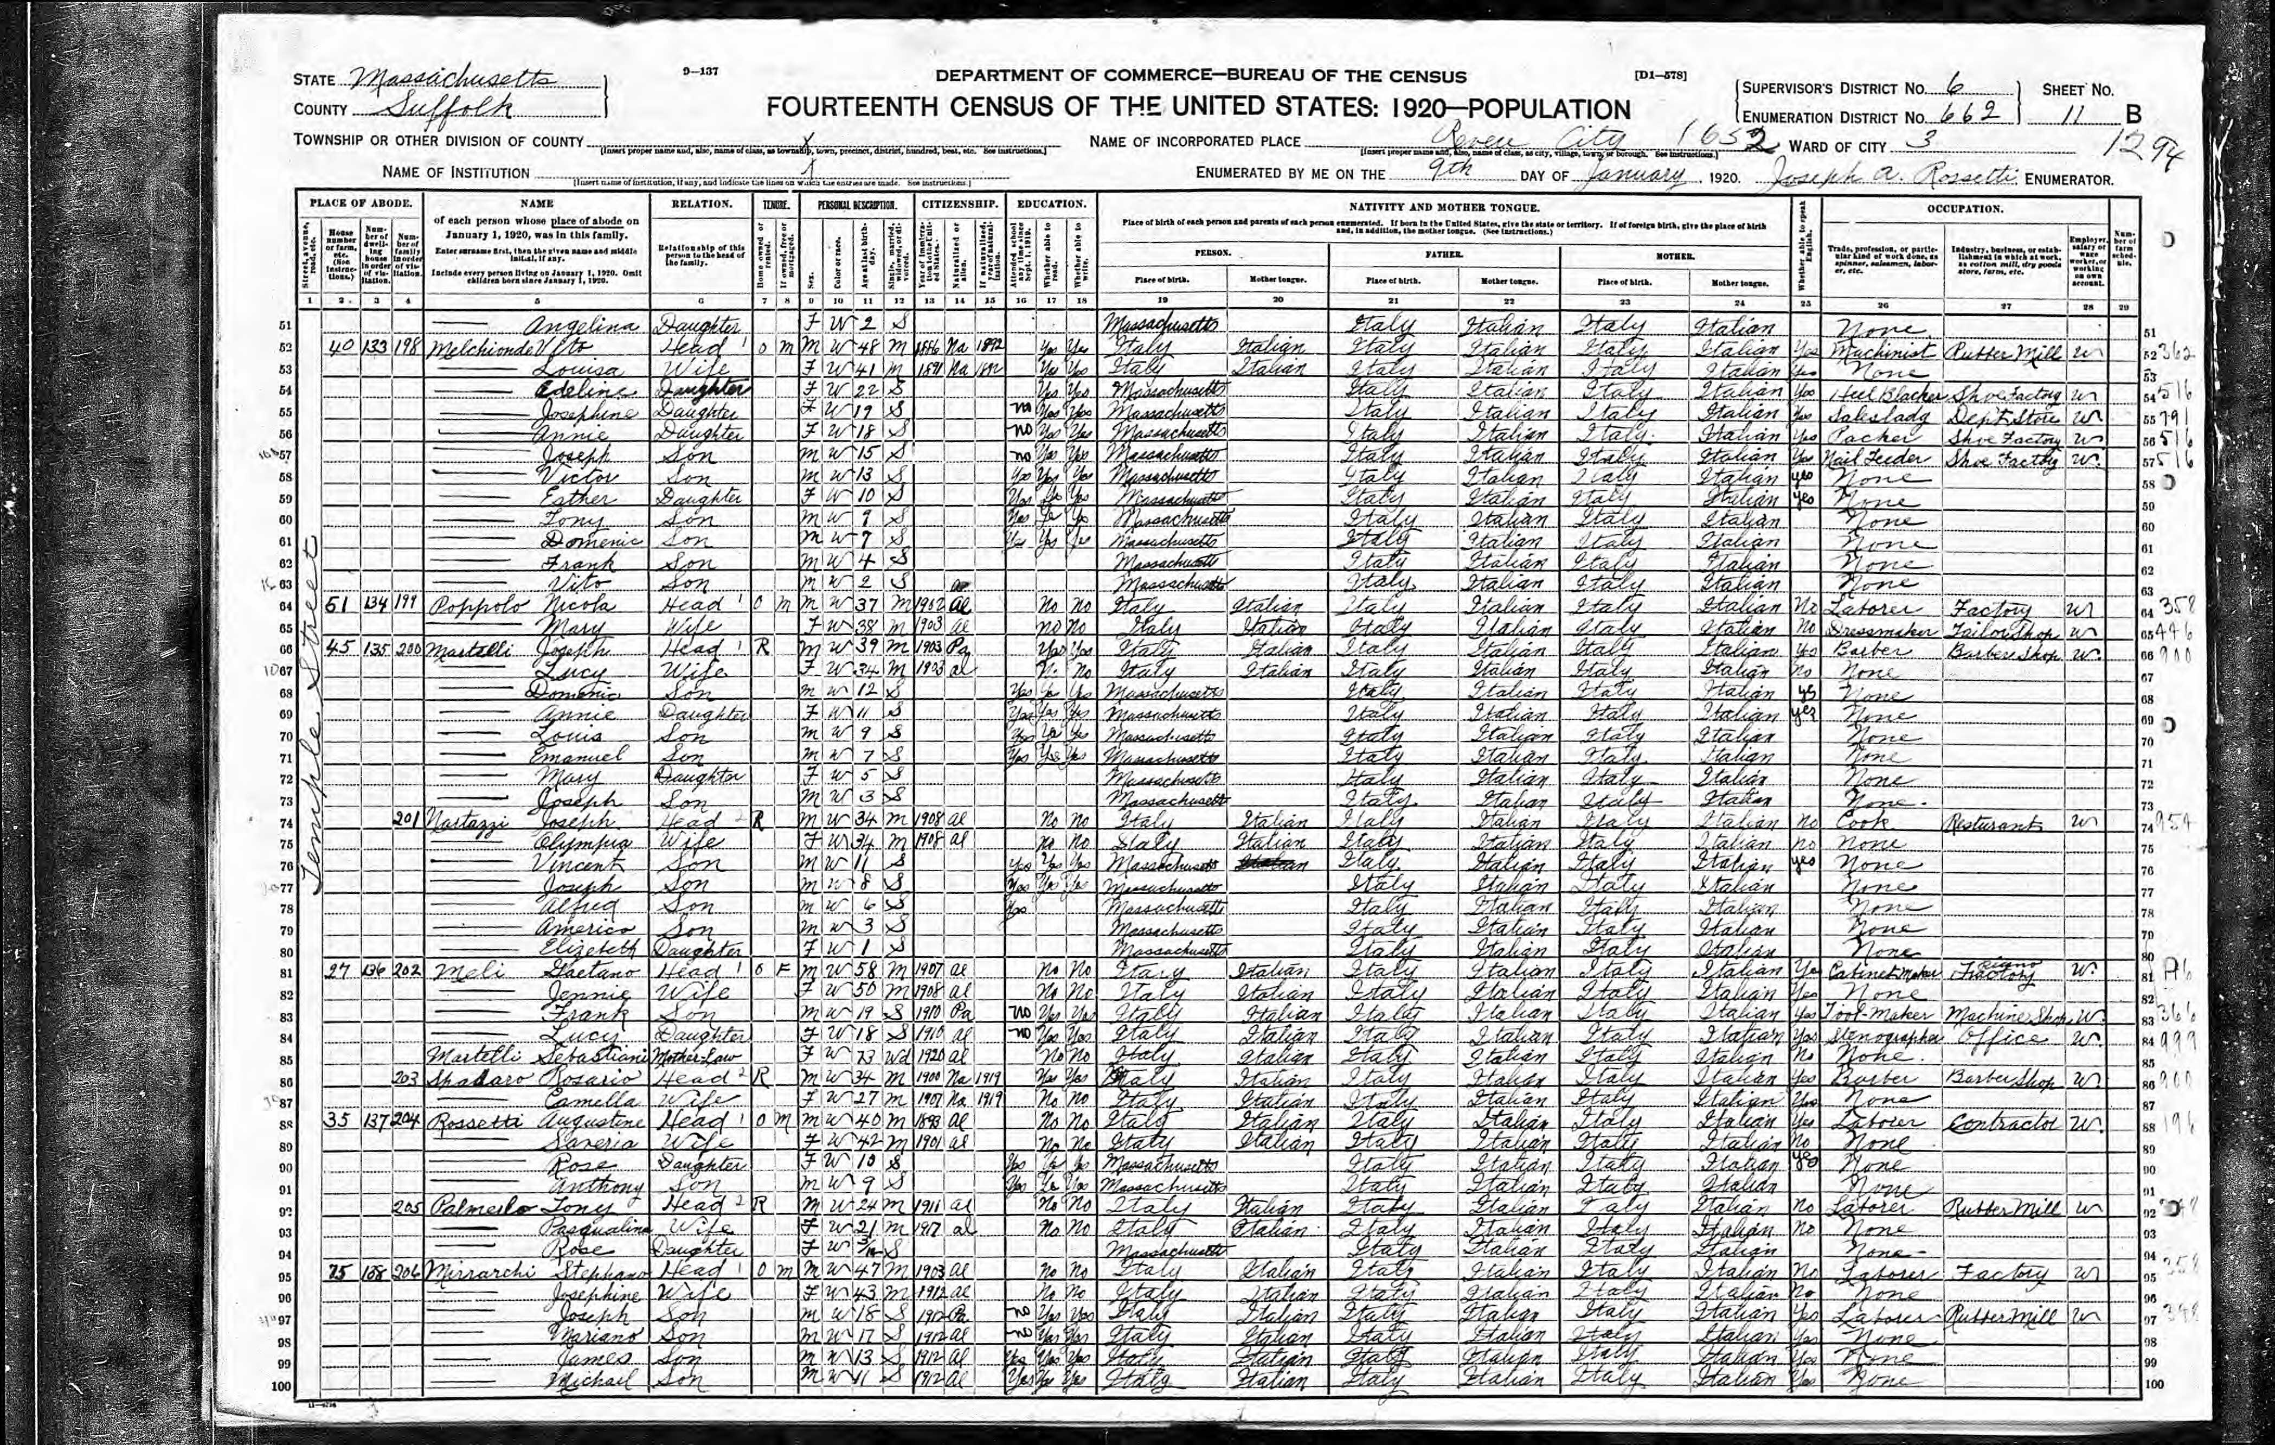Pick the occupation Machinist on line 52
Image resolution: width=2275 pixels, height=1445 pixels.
click(x=1878, y=349)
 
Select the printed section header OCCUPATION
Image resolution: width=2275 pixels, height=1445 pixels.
click(x=1965, y=208)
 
